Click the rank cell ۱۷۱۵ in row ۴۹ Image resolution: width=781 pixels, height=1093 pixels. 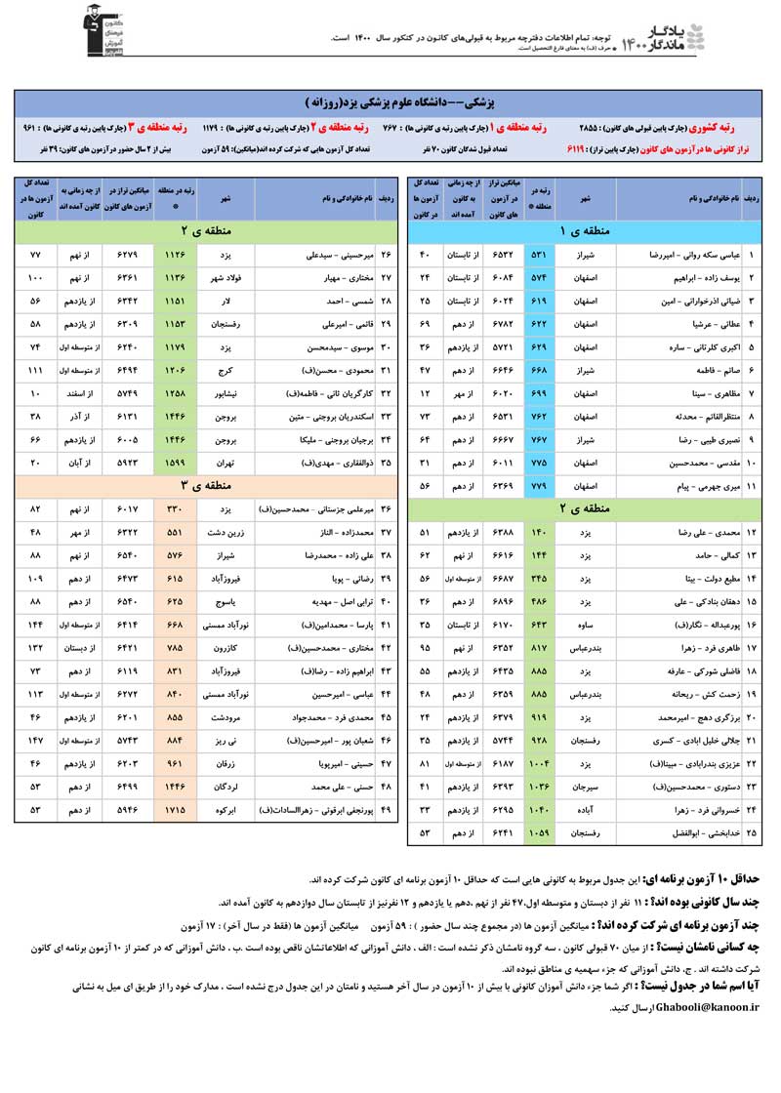coord(175,809)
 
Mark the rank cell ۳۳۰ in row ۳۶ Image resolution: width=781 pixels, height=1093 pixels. coord(175,508)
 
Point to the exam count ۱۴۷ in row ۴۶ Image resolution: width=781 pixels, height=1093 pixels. coord(35,740)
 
